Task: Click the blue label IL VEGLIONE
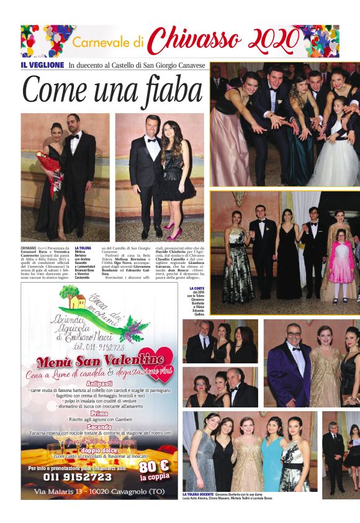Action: tap(42, 65)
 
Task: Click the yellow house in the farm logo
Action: tap(78, 302)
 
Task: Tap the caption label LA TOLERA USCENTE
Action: tap(197, 494)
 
